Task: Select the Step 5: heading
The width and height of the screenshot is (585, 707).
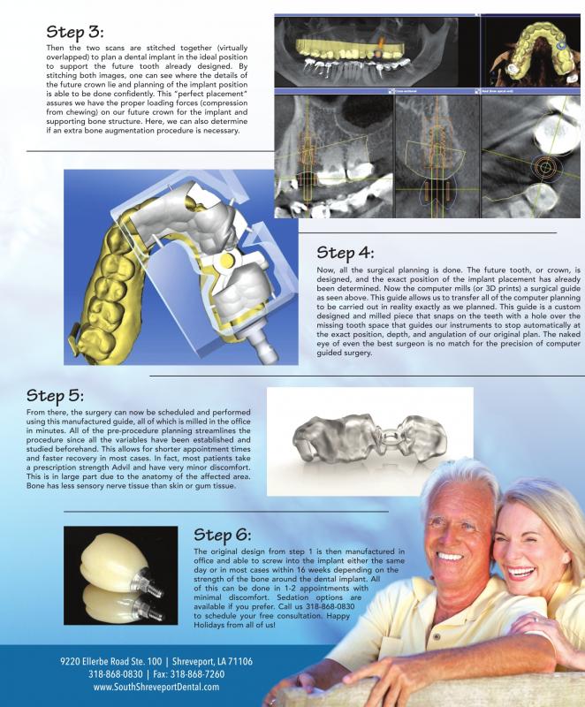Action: (57, 394)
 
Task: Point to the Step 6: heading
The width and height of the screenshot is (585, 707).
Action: (222, 536)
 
